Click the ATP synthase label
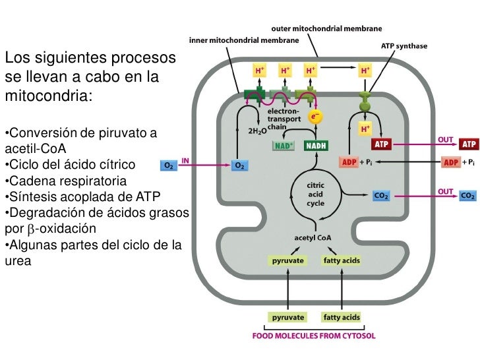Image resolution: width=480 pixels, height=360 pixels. point(404,46)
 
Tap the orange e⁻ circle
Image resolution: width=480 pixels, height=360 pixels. point(315,117)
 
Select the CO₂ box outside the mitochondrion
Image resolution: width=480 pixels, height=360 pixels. point(467,196)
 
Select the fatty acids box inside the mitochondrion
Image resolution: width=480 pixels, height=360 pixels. point(342,260)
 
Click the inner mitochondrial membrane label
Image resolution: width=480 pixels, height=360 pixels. point(244,40)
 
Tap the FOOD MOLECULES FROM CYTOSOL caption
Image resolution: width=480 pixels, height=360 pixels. point(315,336)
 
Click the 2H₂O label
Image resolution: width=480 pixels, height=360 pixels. point(256,131)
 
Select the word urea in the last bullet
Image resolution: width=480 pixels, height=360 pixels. point(18,261)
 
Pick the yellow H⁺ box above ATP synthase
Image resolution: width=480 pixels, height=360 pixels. point(365,69)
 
